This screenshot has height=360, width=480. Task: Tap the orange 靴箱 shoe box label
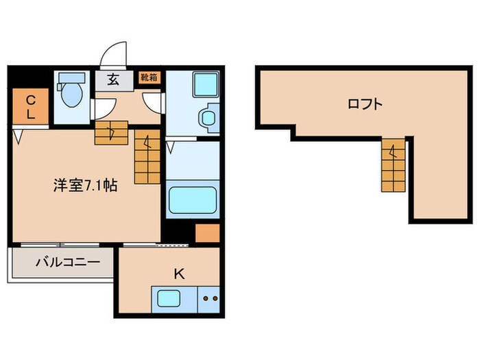pos(149,77)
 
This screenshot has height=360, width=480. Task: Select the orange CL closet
pos(30,108)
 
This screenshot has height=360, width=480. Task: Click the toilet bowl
pos(69,97)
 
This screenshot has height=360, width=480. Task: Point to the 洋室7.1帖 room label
pos(86,185)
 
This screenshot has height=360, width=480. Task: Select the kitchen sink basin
pos(169,299)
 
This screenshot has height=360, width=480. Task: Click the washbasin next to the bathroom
pos(208,117)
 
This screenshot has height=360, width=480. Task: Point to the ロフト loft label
pos(364,104)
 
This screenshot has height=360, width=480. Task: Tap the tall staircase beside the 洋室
pos(147,158)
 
